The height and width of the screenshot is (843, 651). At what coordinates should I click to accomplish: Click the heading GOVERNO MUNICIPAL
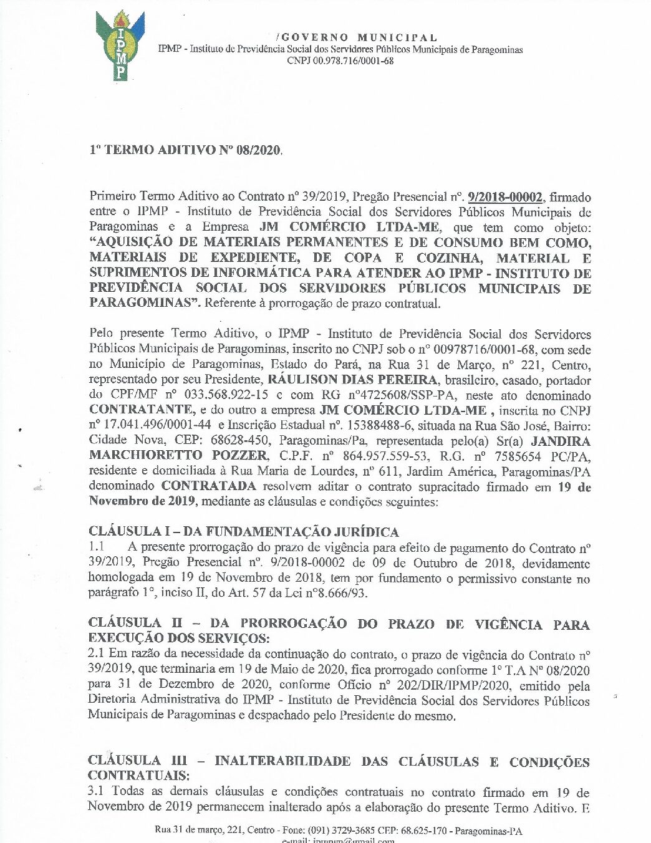(x=356, y=38)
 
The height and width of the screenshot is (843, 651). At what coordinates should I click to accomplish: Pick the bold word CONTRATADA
(x=209, y=486)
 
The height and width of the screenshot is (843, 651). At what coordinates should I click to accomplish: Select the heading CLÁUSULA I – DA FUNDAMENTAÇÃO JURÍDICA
(x=243, y=532)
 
